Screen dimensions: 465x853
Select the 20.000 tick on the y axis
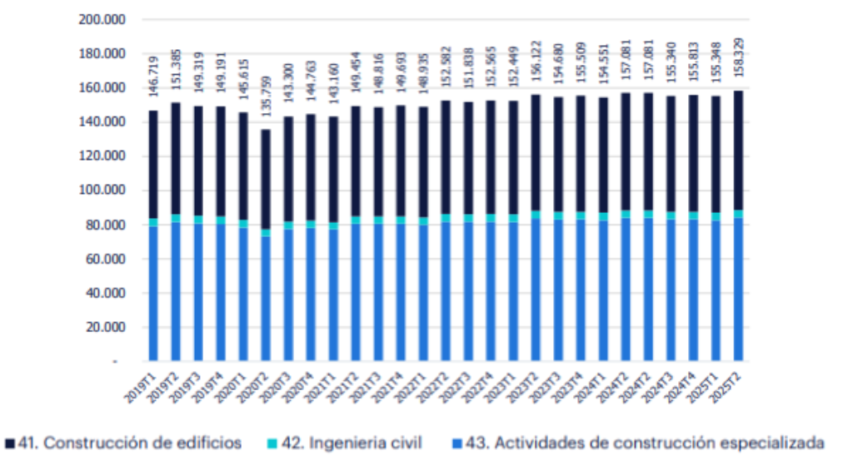tap(103, 328)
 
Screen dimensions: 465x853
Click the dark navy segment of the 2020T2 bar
tap(265, 179)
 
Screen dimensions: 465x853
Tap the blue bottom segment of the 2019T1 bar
tap(152, 291)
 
